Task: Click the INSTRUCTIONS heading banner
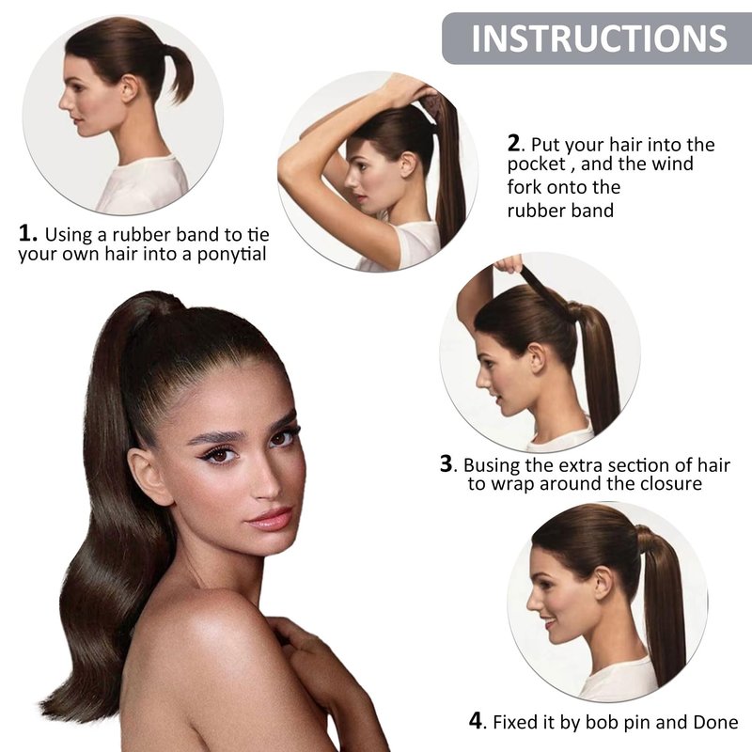point(597,39)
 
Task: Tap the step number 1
point(27,233)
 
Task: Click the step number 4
point(477,720)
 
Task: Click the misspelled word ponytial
point(231,254)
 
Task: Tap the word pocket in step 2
point(536,164)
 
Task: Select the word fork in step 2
point(525,187)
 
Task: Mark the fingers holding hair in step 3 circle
point(509,264)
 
